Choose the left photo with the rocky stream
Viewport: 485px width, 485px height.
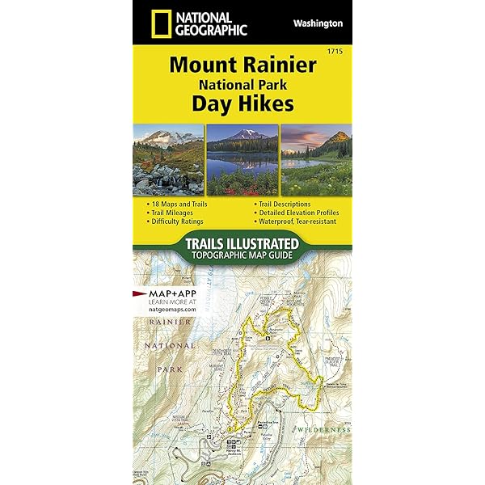[x=169, y=160]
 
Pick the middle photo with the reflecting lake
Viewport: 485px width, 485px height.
[x=242, y=160]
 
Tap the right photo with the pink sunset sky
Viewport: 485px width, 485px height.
[x=316, y=160]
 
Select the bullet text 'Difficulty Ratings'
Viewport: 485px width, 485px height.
[x=177, y=221]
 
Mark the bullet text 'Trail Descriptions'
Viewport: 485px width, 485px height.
[x=285, y=205]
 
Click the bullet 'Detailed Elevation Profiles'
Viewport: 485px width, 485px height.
[x=300, y=213]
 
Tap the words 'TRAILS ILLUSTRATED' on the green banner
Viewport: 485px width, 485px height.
[x=242, y=243]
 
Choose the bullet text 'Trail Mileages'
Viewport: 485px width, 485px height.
[x=174, y=213]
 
